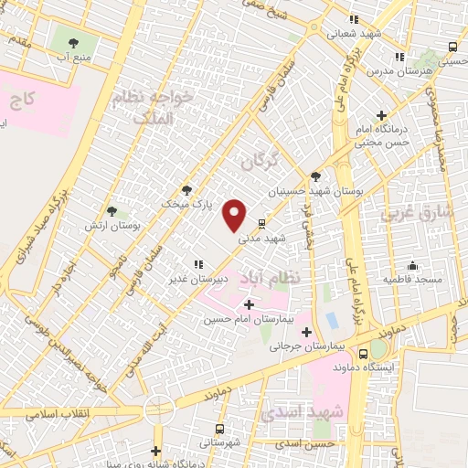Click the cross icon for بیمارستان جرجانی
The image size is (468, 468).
point(306,333)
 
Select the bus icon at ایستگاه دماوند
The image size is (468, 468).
point(364,353)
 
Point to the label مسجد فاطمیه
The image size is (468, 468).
point(412,277)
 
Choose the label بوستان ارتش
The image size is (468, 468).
point(103,225)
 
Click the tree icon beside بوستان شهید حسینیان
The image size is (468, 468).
point(315,176)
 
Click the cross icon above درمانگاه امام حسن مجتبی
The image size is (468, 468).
point(381,114)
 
